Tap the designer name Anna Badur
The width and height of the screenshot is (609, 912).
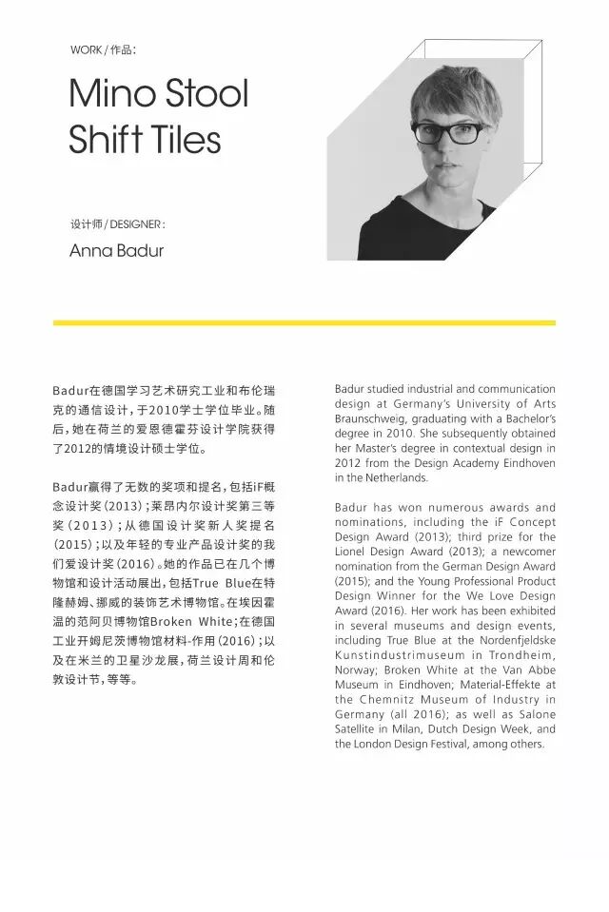click(116, 251)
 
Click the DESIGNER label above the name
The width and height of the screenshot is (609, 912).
click(137, 225)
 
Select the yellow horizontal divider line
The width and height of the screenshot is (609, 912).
click(304, 323)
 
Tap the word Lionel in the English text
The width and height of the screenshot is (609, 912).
click(352, 552)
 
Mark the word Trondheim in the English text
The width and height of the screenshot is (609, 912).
click(519, 655)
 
